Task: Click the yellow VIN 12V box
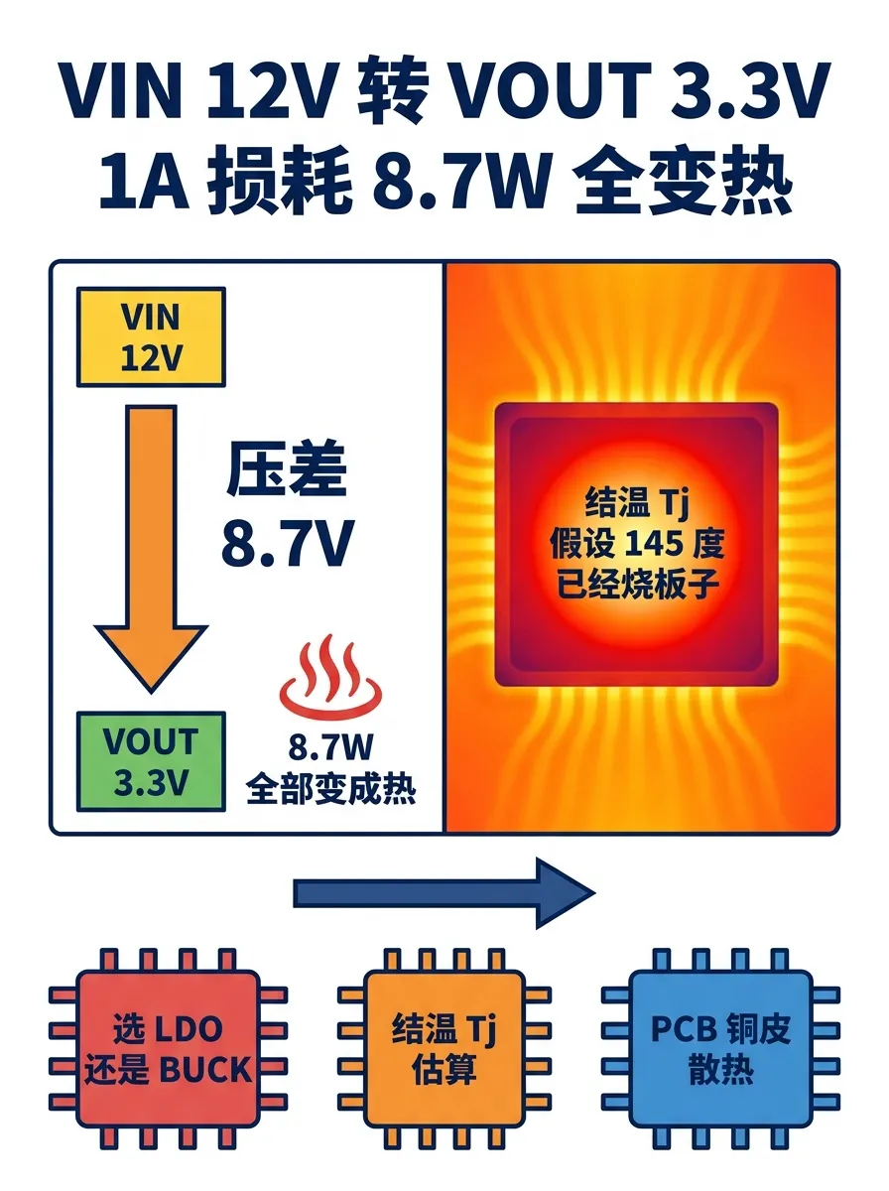pos(151,336)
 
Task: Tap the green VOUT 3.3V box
pos(151,761)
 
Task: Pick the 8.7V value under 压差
pos(288,543)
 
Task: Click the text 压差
pos(287,469)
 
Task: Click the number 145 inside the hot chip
pos(654,544)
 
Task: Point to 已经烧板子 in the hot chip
pos(638,584)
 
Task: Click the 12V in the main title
pos(270,89)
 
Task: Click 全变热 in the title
pos(683,182)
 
